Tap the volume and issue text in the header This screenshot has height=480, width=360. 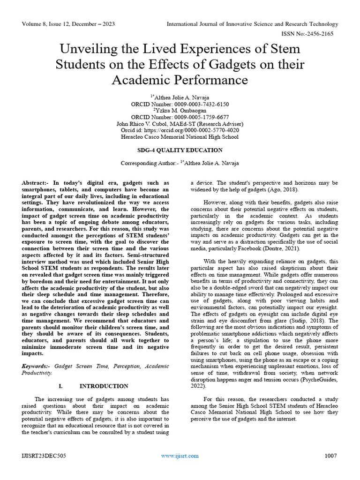coord(68,24)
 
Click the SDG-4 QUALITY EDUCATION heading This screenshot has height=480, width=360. coord(180,150)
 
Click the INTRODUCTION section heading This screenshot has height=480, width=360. coord(104,386)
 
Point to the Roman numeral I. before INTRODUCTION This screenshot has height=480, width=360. coord(60,386)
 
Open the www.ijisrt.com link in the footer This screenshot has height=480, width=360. coord(180,456)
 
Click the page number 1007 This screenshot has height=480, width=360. coord(330,456)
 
